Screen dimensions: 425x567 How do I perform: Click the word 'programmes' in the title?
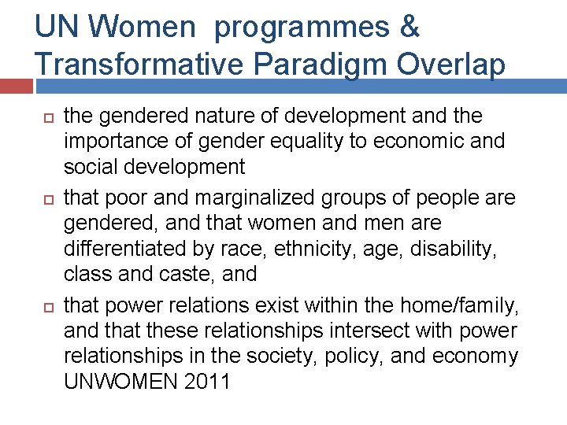pos(301,28)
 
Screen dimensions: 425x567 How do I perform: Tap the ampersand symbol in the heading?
pos(409,28)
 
